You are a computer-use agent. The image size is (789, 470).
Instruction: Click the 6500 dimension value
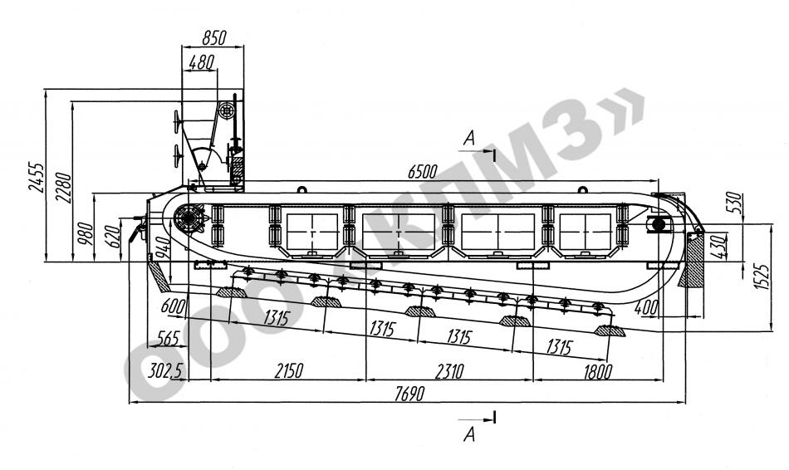(421, 172)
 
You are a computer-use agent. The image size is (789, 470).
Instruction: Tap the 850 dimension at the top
(213, 37)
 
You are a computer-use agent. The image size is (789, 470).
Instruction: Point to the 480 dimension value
(202, 61)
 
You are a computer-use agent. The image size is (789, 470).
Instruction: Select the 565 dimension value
(168, 338)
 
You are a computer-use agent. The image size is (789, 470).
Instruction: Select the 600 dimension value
(173, 306)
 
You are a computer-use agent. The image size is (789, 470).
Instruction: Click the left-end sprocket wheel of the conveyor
(190, 220)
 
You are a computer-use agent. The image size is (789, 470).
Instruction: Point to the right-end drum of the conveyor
(659, 223)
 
